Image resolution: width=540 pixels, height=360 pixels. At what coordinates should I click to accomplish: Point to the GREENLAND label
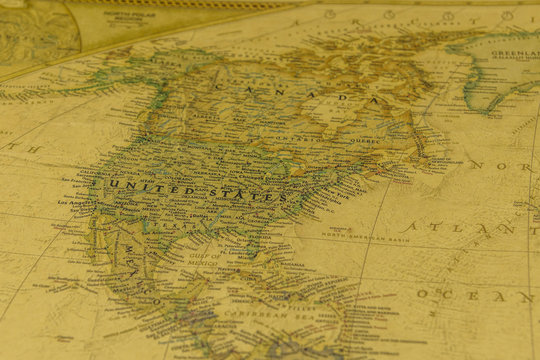tap(515, 52)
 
